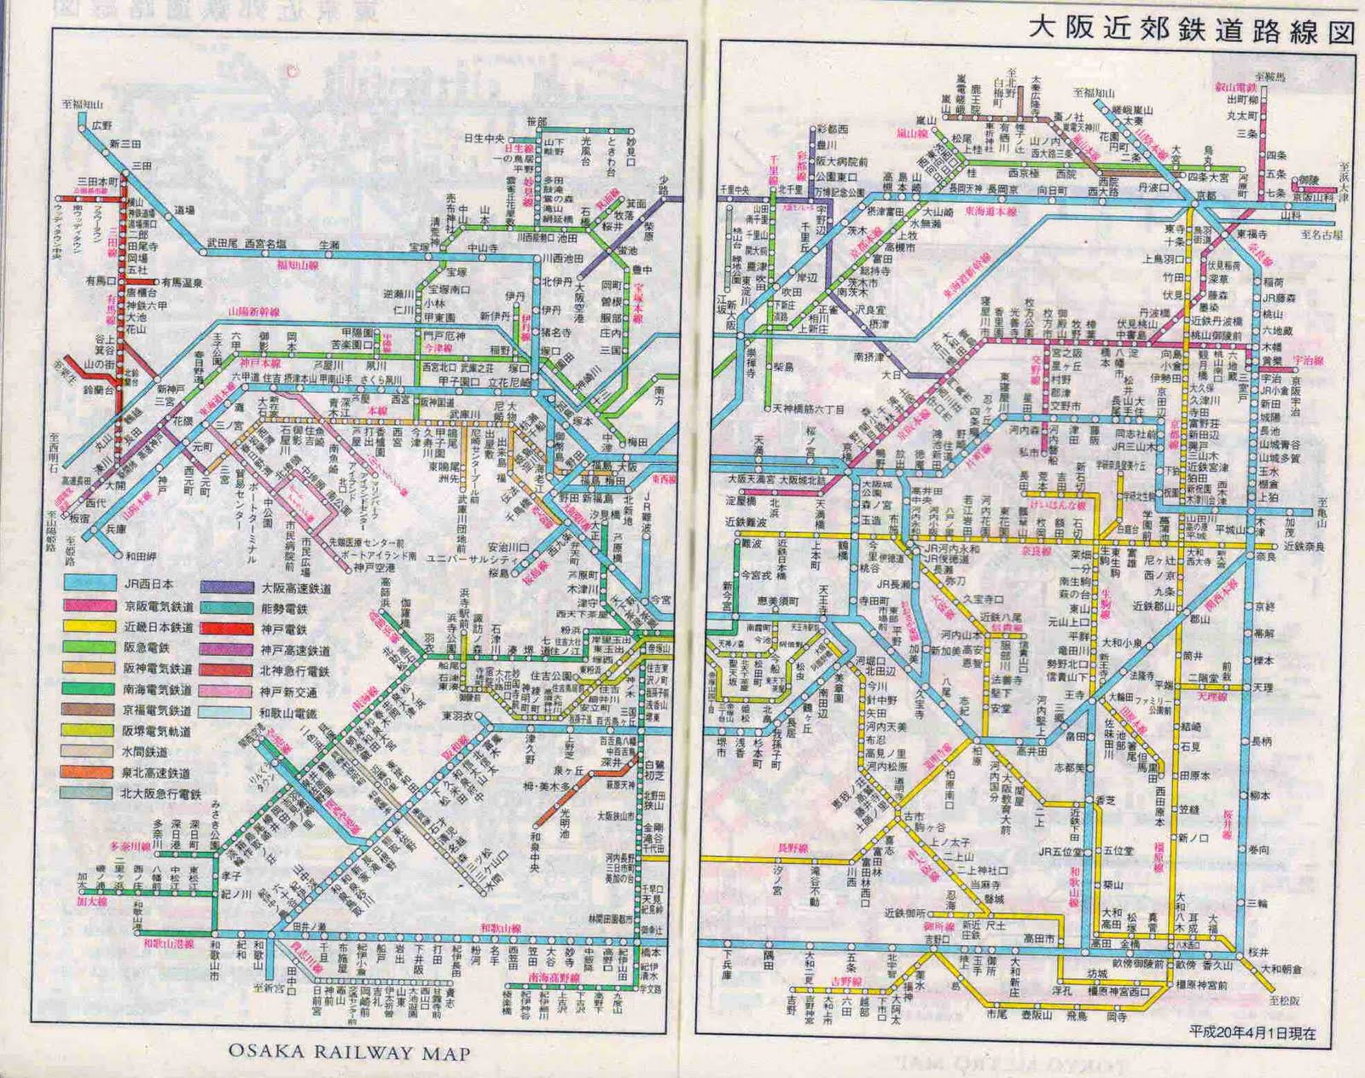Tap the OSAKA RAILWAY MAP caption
pos(349,1052)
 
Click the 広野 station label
pos(102,125)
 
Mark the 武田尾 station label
pos(223,244)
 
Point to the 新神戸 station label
pos(171,389)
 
